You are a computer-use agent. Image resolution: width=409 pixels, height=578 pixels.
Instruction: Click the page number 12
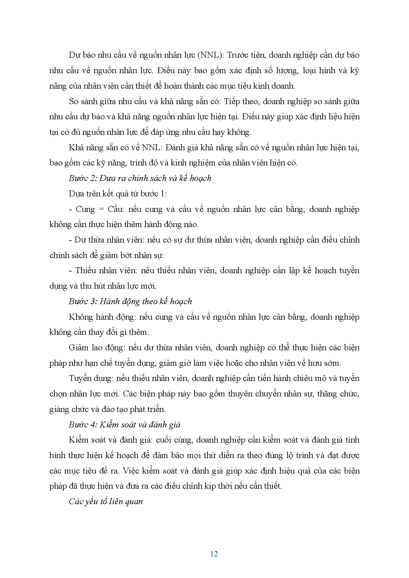pyautogui.click(x=214, y=554)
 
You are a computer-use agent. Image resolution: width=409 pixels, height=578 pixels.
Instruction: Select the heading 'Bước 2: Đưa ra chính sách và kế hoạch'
pyautogui.click(x=140, y=178)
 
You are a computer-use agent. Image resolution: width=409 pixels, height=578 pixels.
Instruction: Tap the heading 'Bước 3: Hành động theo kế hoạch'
pyautogui.click(x=130, y=302)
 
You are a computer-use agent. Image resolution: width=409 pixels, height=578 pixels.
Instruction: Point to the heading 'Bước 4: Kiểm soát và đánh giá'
pyautogui.click(x=124, y=424)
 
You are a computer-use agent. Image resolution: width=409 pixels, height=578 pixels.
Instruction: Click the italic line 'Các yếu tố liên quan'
pyautogui.click(x=106, y=502)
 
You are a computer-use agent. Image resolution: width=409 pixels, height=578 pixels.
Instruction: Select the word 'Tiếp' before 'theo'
pyautogui.click(x=232, y=101)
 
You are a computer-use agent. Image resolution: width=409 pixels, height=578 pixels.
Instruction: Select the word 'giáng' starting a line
pyautogui.click(x=59, y=410)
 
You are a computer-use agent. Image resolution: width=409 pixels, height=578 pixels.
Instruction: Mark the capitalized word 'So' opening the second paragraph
pyautogui.click(x=74, y=101)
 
